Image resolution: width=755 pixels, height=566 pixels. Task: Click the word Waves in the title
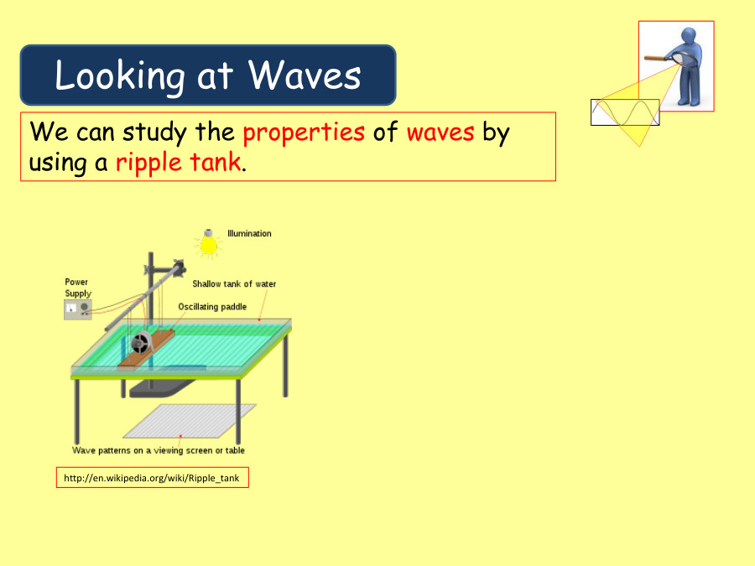click(x=305, y=75)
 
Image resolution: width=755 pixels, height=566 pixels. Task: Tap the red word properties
click(x=304, y=132)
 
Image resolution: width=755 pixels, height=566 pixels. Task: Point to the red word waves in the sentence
click(x=440, y=132)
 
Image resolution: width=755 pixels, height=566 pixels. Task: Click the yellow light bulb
click(x=207, y=242)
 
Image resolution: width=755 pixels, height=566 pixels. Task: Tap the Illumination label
click(x=249, y=233)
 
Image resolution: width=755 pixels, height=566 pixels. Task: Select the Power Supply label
click(x=78, y=288)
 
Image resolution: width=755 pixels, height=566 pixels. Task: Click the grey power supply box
click(x=78, y=309)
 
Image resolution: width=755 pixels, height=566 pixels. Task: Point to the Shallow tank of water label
click(x=234, y=283)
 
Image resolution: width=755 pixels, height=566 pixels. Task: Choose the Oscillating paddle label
click(x=212, y=307)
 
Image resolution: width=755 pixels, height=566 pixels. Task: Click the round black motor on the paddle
click(x=141, y=343)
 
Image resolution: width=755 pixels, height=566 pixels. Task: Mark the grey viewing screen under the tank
click(x=190, y=421)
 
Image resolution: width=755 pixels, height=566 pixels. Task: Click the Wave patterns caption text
click(x=159, y=450)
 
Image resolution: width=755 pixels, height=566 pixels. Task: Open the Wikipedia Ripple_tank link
click(x=153, y=478)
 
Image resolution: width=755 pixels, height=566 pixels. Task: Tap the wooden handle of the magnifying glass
click(x=654, y=58)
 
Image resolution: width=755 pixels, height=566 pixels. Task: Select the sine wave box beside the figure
click(x=625, y=112)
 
